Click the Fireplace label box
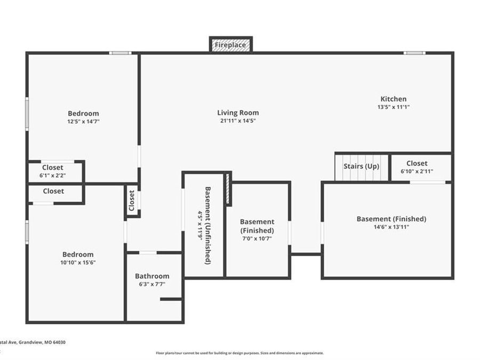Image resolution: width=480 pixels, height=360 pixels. point(230,45)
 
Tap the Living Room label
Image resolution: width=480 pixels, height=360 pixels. point(238,113)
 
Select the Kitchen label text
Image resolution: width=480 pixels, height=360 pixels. point(393,99)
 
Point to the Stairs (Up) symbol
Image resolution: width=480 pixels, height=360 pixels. point(361,166)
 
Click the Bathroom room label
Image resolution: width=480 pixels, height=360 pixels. point(152,276)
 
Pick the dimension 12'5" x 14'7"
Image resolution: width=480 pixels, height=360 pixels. point(83,122)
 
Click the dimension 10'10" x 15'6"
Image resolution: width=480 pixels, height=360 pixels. point(78,262)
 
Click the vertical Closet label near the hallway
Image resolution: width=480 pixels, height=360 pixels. point(132,201)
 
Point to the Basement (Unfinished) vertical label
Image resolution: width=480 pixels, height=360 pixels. point(208,225)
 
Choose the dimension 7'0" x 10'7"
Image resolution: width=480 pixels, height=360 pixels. point(257,238)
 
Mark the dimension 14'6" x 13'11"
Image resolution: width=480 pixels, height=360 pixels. point(391,227)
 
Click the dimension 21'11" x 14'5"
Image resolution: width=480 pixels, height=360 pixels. point(238,121)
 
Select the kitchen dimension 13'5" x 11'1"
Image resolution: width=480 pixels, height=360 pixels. point(393,107)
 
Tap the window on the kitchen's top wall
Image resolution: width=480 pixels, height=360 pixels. point(414,53)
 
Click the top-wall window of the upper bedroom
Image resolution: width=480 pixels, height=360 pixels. point(120,53)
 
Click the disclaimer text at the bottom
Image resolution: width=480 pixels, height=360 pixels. point(239,353)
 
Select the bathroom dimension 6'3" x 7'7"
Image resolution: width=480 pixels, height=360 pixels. point(152,284)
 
